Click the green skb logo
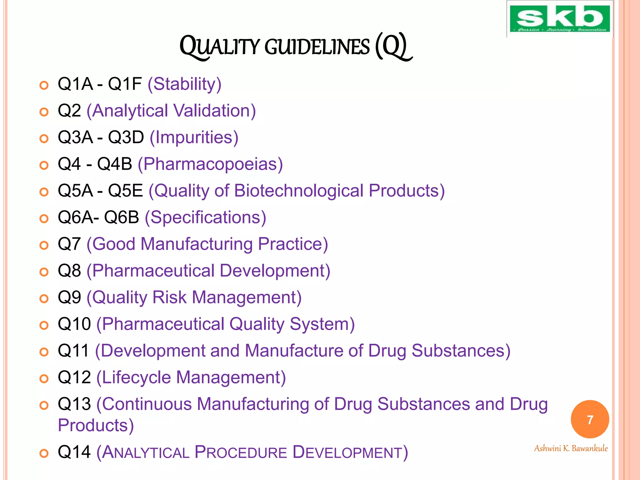pyautogui.click(x=559, y=19)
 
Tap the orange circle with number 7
pyautogui.click(x=590, y=419)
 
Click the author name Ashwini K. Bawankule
pyautogui.click(x=571, y=448)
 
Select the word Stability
pyautogui.click(x=184, y=84)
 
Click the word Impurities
pyautogui.click(x=194, y=138)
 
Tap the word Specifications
pyautogui.click(x=206, y=217)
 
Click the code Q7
pyautogui.click(x=69, y=244)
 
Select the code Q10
pyautogui.click(x=74, y=324)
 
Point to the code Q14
pyautogui.click(x=74, y=452)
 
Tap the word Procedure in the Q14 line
pyautogui.click(x=241, y=452)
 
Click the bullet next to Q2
pyautogui.click(x=44, y=112)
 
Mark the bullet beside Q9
pyautogui.click(x=44, y=298)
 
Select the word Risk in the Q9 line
pyautogui.click(x=169, y=297)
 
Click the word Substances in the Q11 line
pyautogui.click(x=458, y=351)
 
